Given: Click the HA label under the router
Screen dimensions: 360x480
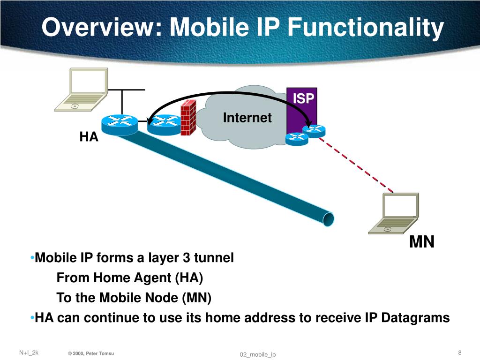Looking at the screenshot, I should (x=89, y=137).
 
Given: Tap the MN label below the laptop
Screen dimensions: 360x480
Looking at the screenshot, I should (x=422, y=242).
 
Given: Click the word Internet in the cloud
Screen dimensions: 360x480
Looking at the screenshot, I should (x=247, y=118).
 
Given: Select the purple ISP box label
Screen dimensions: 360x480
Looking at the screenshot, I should (x=303, y=99).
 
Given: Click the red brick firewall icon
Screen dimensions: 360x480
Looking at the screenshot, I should (x=188, y=117).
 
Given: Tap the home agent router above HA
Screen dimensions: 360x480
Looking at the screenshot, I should (x=119, y=123).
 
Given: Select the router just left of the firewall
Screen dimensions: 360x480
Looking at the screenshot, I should (x=163, y=123).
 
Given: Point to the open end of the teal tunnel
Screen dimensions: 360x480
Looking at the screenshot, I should (x=329, y=218).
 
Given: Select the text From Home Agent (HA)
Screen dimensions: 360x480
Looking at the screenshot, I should (x=130, y=278).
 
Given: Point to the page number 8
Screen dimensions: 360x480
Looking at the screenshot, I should (x=459, y=352).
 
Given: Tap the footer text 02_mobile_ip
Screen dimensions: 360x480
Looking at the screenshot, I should (x=258, y=354).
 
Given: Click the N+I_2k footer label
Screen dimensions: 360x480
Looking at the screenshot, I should (x=29, y=352).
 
